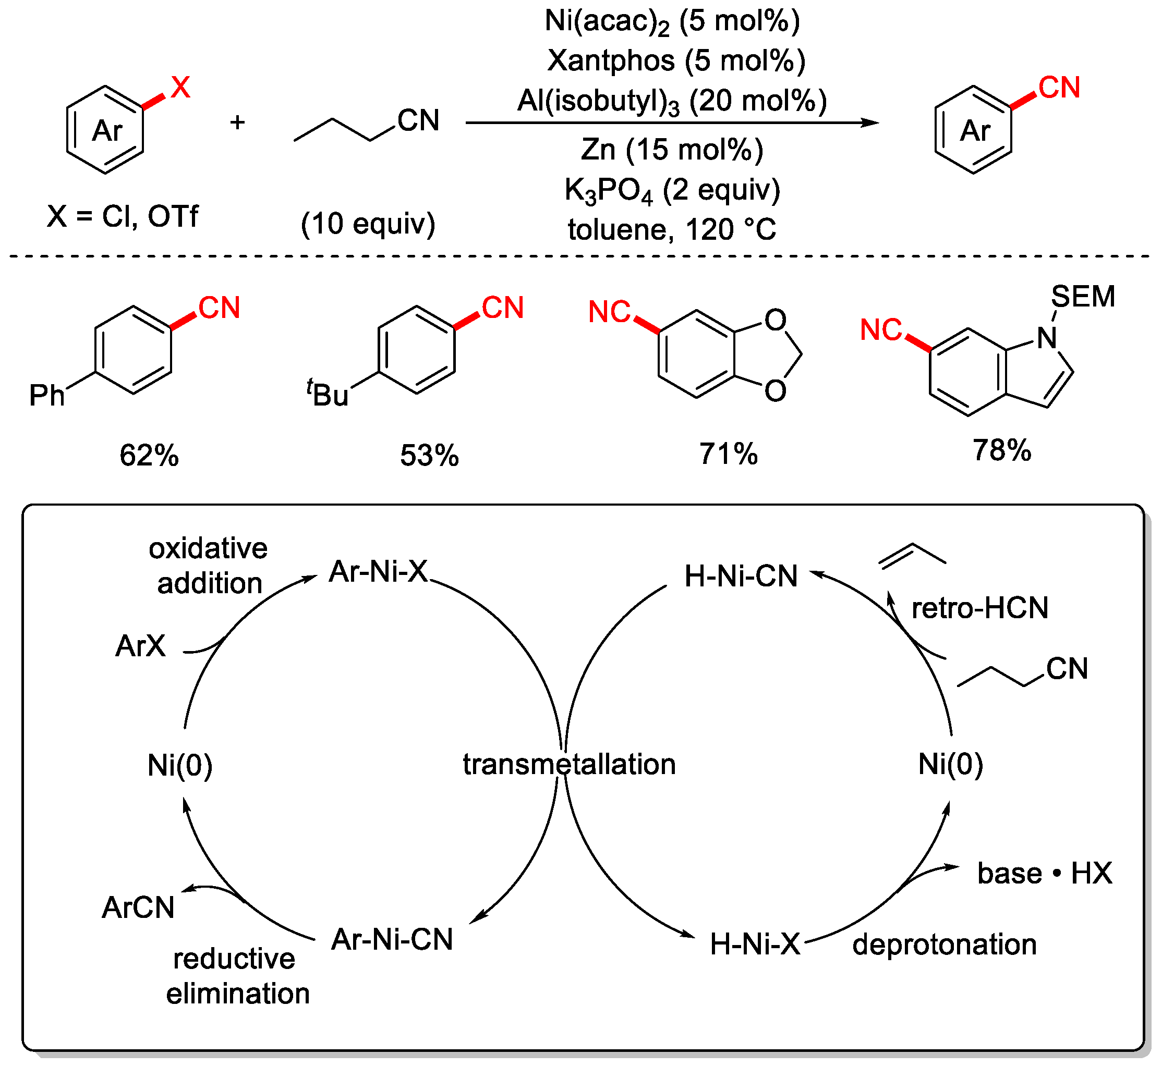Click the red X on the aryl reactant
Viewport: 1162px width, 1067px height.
coord(180,88)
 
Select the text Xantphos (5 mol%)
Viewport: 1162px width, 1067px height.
coord(675,60)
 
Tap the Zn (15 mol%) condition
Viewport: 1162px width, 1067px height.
coord(672,150)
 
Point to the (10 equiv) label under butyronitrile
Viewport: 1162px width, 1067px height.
coord(368,224)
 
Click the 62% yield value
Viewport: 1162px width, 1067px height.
coord(149,456)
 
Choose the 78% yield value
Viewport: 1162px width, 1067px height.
coord(1001,450)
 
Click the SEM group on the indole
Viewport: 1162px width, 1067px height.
coord(1082,297)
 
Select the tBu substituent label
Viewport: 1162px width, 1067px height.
coord(328,395)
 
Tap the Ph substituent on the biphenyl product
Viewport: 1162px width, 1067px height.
coord(47,396)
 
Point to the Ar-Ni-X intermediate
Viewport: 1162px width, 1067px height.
coord(379,572)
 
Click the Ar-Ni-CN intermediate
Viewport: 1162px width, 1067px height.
coord(392,939)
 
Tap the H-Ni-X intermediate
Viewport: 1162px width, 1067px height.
coord(755,945)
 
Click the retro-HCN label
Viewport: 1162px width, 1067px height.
coord(979,608)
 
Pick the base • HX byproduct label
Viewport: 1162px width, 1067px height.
coord(1044,874)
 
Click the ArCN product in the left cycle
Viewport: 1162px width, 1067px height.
coord(138,907)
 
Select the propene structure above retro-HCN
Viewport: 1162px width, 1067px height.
coord(912,555)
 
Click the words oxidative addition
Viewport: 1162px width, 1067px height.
coord(209,566)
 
